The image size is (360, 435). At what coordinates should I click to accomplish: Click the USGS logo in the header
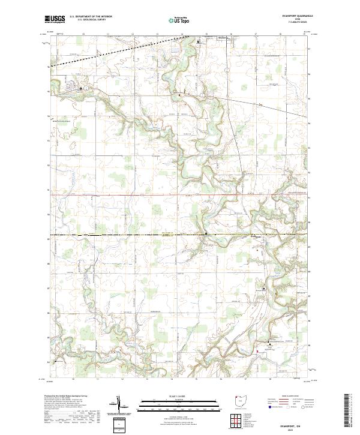click(55, 20)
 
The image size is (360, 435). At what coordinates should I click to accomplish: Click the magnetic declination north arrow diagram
click(119, 405)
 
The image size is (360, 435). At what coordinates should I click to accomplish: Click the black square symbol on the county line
click(206, 234)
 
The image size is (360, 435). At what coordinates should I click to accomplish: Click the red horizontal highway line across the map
click(150, 195)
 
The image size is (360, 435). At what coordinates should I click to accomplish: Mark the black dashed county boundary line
click(120, 234)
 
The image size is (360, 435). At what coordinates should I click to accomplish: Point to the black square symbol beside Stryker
click(200, 43)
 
